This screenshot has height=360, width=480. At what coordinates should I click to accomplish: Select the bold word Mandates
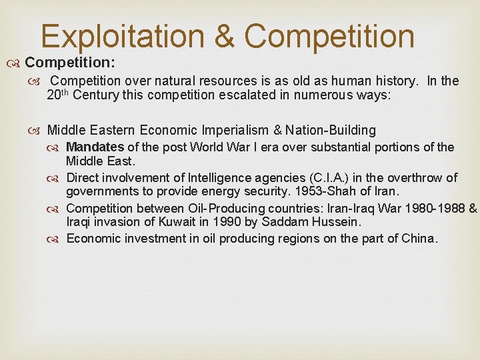[95, 147]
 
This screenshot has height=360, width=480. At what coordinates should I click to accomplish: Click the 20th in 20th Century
[57, 95]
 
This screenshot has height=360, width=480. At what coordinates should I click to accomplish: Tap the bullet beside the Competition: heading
[15, 63]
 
